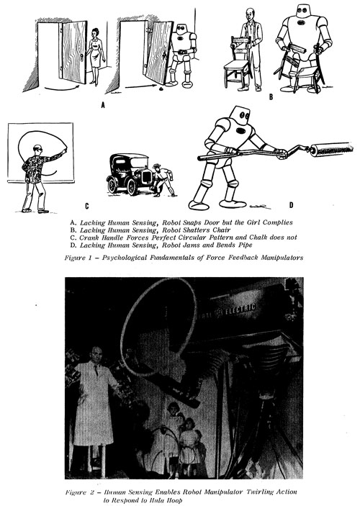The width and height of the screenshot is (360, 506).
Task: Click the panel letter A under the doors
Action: click(x=103, y=105)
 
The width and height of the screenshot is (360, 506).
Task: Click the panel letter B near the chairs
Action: click(x=271, y=97)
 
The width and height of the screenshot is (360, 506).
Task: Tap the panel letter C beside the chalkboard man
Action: click(x=87, y=206)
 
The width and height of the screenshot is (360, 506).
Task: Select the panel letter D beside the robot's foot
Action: click(x=291, y=205)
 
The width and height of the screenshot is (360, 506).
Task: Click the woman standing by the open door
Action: click(x=96, y=57)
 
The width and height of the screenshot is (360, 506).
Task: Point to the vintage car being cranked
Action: click(x=129, y=173)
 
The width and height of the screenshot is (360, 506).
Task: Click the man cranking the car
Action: click(x=163, y=180)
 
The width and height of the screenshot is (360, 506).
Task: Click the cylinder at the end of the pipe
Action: click(x=332, y=150)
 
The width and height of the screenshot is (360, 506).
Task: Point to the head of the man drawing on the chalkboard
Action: click(x=37, y=150)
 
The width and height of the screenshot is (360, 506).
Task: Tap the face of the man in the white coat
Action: click(x=96, y=355)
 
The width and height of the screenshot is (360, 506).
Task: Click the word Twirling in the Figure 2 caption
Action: click(x=260, y=492)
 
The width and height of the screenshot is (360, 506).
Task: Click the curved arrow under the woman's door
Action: click(x=63, y=87)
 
